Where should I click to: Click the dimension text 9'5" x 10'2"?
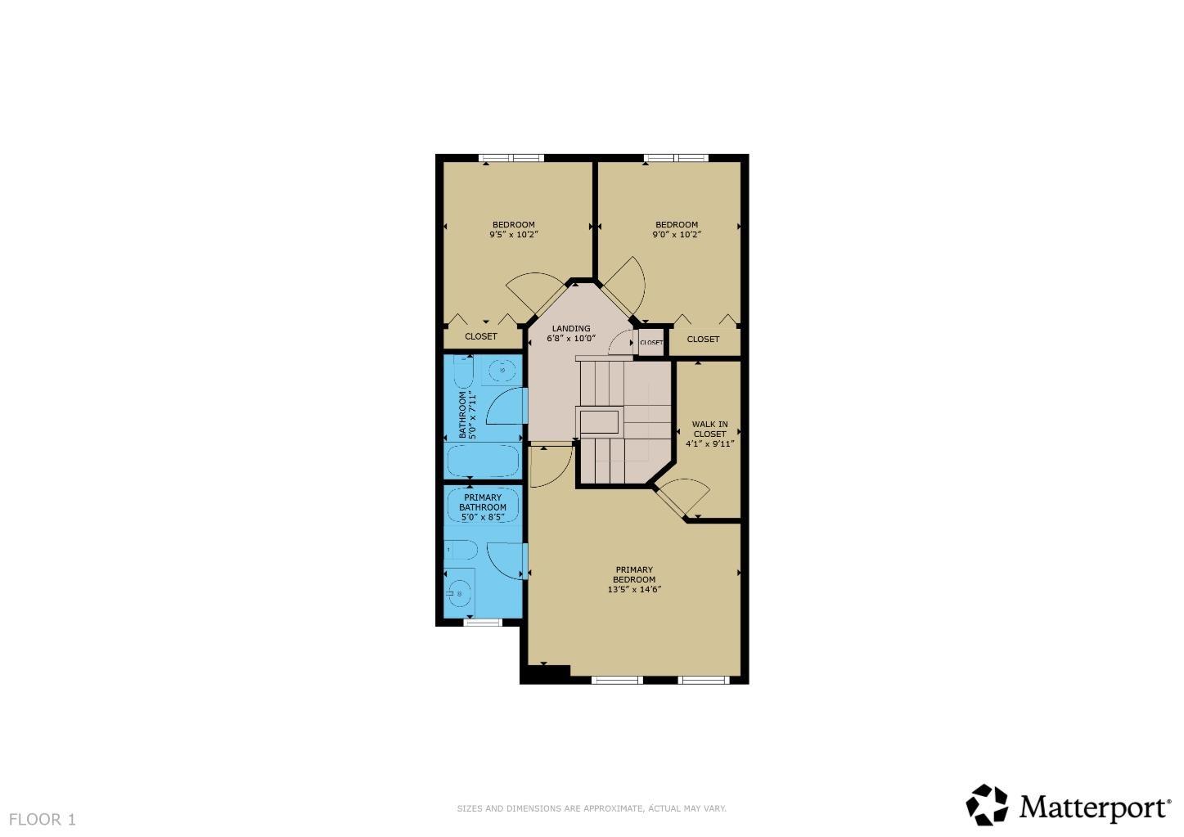[513, 235]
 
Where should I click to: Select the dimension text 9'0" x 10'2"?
[677, 235]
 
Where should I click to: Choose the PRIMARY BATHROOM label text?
[482, 502]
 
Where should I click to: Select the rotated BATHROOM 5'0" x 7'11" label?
[467, 414]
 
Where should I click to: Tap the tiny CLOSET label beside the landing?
[651, 342]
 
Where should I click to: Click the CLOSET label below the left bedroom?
[481, 336]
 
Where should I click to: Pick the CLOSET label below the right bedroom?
[703, 339]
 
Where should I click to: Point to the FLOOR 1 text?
[43, 819]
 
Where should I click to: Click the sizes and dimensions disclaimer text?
[592, 808]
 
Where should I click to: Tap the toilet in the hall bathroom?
[462, 373]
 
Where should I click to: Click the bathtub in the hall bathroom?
[483, 461]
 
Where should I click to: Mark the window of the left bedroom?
[511, 158]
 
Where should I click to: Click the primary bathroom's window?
[483, 623]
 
